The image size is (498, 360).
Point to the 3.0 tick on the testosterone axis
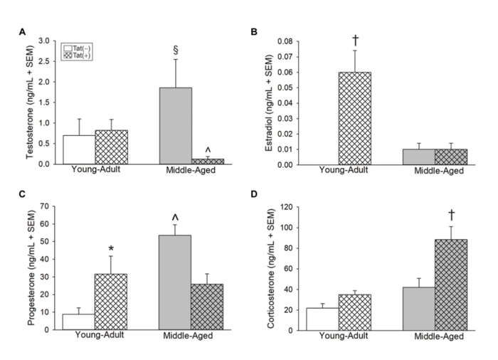pos(46,41)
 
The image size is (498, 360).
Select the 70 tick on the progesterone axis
pos(48,207)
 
